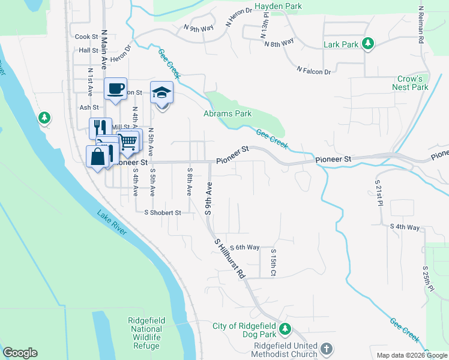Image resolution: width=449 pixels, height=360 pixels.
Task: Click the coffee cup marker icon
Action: pos(115,89)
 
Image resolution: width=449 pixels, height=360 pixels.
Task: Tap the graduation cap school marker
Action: pos(161,92)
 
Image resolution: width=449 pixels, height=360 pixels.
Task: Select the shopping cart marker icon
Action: pos(128,142)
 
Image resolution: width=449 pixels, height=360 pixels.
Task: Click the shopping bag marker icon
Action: pos(98,157)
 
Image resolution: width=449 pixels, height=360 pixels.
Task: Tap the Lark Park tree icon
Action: pos(369,44)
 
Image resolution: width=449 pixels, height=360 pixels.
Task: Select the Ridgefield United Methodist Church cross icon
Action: pos(326,349)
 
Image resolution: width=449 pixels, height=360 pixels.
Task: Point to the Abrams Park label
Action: pos(227,113)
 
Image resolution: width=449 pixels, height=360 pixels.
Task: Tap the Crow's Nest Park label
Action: pos(412,83)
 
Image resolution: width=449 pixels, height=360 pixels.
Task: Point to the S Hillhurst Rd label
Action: pos(231,257)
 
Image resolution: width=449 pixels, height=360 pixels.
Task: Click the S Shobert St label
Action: pos(158,212)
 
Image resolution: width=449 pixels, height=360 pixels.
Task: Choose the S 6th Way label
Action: pos(244,247)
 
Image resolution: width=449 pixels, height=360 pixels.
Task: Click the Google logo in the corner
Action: pos(20,353)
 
